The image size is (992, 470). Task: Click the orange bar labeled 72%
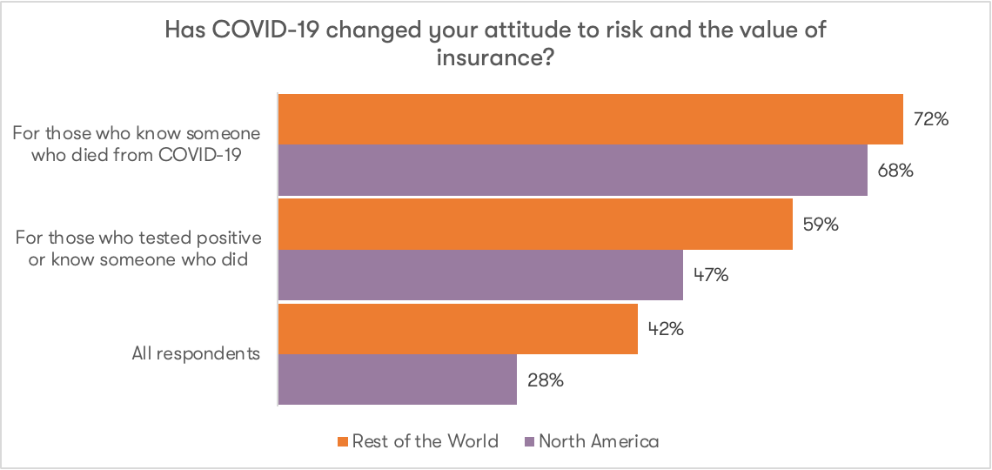[590, 118]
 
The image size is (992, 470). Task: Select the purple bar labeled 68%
[573, 170]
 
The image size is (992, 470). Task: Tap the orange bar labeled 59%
[535, 224]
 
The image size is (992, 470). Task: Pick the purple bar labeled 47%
[480, 275]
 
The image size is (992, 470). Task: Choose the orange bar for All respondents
[458, 328]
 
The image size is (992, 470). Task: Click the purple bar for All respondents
[398, 379]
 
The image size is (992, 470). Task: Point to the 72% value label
[930, 119]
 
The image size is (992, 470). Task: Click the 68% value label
[895, 171]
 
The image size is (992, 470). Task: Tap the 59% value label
[820, 225]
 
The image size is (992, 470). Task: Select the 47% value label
[710, 276]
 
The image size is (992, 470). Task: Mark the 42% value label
[665, 329]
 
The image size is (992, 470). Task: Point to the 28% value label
[545, 380]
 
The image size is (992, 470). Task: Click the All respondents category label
[197, 353]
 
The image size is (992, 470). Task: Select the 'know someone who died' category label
[137, 144]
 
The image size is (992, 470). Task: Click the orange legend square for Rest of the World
[342, 442]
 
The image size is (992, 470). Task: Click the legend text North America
[599, 441]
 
